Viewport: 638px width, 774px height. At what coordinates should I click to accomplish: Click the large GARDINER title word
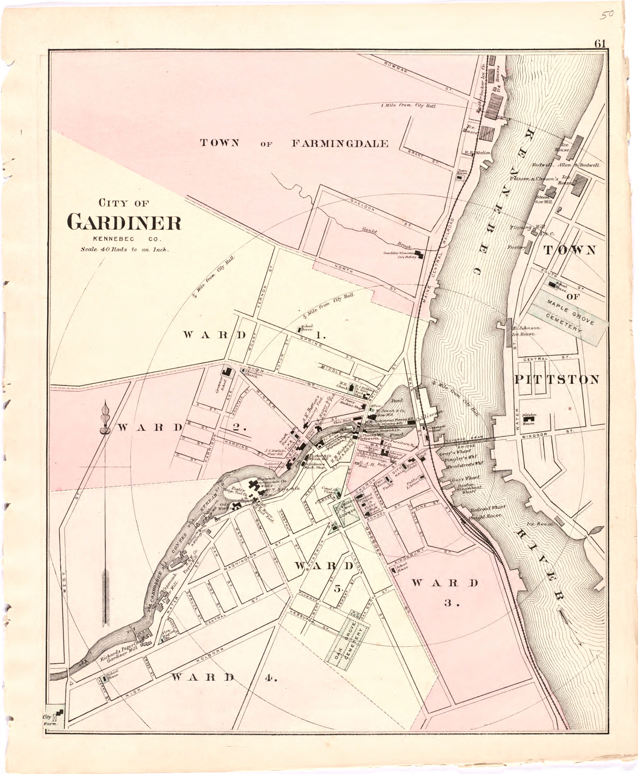click(124, 223)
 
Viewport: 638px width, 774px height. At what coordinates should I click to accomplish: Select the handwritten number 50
click(607, 15)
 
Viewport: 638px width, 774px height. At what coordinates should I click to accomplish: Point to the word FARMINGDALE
click(340, 143)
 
